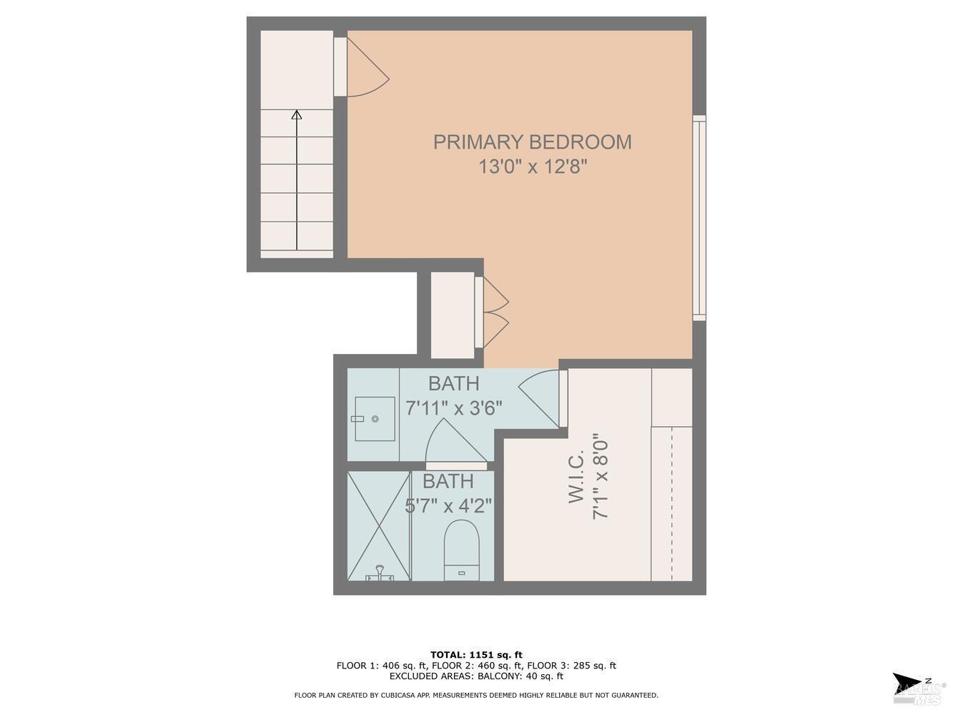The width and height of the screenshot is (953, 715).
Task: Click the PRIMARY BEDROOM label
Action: pos(533,142)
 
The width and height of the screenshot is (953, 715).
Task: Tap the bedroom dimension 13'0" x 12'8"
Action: pos(533,167)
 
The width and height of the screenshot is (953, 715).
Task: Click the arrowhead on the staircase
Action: pos(297,114)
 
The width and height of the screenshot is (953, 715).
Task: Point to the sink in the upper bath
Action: pos(374,418)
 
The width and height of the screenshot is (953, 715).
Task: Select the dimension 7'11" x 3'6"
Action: pos(454,408)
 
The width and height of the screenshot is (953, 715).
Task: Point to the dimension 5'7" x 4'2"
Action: pos(448,506)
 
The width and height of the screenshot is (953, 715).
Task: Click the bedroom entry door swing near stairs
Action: pos(366,67)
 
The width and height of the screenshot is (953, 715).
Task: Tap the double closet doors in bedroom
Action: pos(495,312)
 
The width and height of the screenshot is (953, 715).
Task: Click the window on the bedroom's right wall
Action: pos(699,217)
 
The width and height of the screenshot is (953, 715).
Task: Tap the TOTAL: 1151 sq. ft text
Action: pos(476,654)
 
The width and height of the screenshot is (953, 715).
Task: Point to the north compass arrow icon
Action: pos(907,683)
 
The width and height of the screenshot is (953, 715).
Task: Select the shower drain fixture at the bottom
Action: pos(380,573)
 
